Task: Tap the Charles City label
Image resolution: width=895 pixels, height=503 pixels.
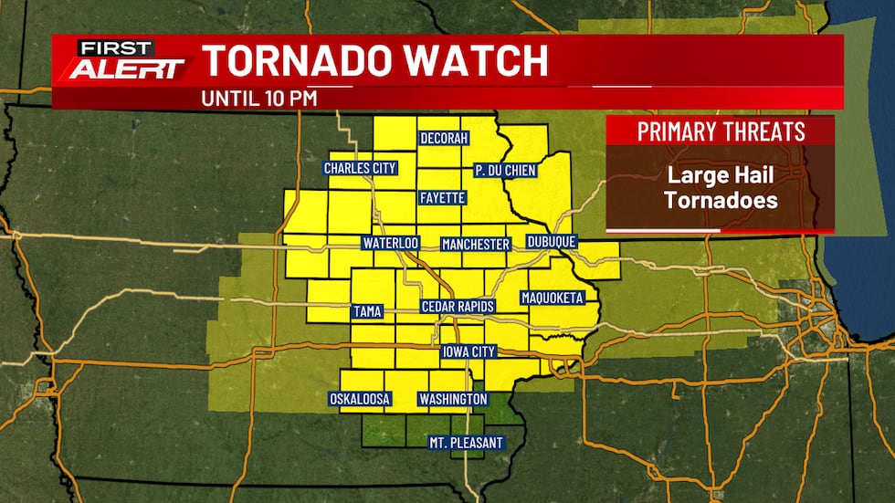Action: point(357,169)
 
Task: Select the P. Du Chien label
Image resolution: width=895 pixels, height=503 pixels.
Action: point(505,170)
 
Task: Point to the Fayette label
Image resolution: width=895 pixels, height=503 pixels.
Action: point(443,197)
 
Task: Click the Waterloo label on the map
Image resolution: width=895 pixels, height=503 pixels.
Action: point(390,244)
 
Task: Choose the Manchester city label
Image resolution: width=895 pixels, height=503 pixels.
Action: point(475,245)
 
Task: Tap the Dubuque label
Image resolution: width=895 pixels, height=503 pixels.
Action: point(553,242)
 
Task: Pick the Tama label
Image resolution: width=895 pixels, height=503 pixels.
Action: point(366,312)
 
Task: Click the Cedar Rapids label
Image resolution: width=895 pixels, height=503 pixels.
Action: point(458,307)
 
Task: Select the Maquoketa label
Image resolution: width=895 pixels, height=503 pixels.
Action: point(552,298)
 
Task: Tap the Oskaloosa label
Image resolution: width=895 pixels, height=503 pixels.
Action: point(360,399)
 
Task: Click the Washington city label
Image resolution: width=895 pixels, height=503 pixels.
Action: point(453,399)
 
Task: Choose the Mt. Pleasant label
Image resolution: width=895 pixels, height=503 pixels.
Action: point(466,443)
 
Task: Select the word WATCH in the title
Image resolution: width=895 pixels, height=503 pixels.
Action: point(485,61)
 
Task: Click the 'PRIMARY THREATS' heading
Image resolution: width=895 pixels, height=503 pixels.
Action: point(721,131)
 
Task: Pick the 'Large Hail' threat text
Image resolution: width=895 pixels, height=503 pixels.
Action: point(721,177)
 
